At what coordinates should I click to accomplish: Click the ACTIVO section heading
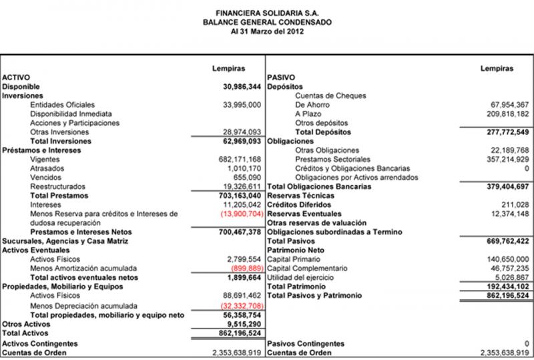(x=17, y=77)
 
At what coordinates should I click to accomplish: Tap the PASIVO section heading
(x=280, y=77)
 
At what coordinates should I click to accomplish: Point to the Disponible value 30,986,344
(x=241, y=87)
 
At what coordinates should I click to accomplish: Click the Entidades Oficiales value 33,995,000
(x=242, y=105)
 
